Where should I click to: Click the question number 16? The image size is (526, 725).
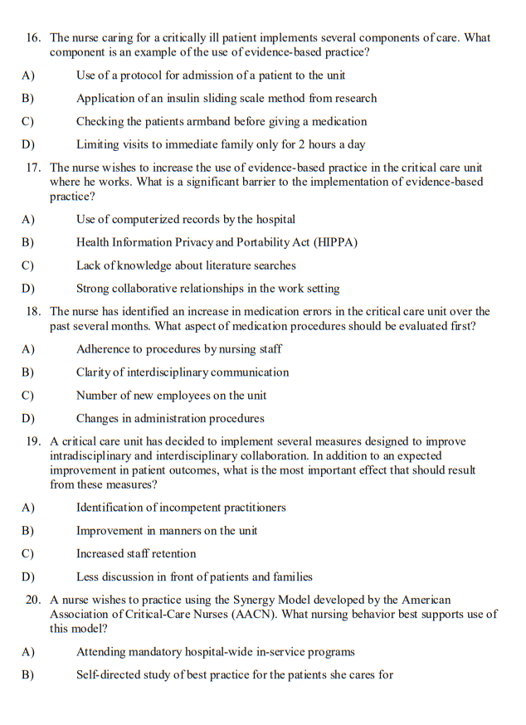pos(33,38)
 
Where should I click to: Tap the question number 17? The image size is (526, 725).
pos(33,168)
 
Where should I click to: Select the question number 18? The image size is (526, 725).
pos(33,312)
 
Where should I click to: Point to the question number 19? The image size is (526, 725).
pos(33,441)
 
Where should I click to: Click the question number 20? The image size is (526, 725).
pos(33,600)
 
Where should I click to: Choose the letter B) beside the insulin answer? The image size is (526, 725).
pos(27,98)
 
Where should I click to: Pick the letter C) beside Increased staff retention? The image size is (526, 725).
pos(27,553)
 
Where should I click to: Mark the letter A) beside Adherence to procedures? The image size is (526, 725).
pos(27,349)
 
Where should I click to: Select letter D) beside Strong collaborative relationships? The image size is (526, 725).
pos(27,289)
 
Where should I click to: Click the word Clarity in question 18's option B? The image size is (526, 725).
pos(95,372)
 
